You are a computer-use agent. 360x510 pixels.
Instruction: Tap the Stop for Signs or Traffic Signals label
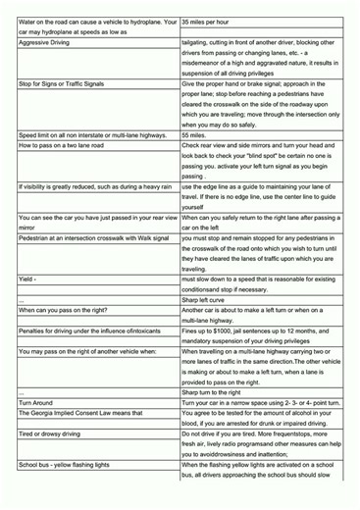(68, 84)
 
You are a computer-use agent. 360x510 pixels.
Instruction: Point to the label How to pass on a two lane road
(68, 146)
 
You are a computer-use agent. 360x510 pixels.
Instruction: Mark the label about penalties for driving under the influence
(89, 331)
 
